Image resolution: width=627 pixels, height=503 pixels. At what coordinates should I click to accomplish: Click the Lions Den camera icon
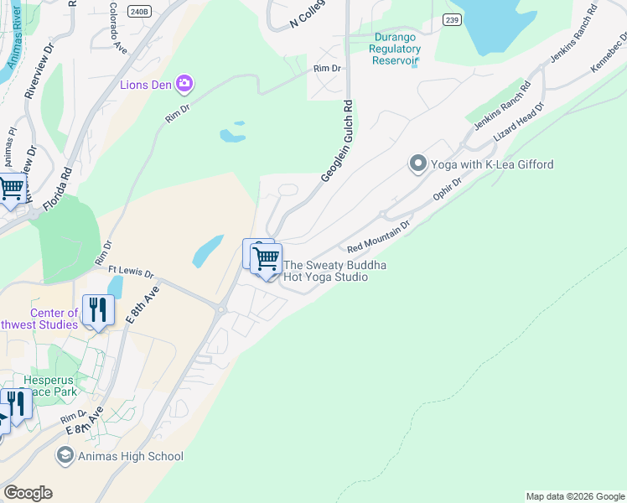pyautogui.click(x=184, y=84)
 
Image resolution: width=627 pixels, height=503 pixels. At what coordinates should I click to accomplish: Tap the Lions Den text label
pyautogui.click(x=146, y=84)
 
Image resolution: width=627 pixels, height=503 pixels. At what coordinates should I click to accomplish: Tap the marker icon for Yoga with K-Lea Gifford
pyautogui.click(x=418, y=164)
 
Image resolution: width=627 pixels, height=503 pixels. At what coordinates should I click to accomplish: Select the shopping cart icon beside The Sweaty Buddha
pyautogui.click(x=267, y=258)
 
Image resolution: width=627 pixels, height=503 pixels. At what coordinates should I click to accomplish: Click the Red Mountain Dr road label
pyautogui.click(x=379, y=237)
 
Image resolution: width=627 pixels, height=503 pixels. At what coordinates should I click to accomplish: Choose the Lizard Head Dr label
pyautogui.click(x=518, y=122)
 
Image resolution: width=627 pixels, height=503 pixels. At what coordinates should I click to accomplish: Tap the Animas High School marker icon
pyautogui.click(x=65, y=456)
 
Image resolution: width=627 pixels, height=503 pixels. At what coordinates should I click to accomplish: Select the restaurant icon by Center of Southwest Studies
pyautogui.click(x=98, y=310)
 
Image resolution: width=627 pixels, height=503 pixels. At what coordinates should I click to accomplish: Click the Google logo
pyautogui.click(x=28, y=493)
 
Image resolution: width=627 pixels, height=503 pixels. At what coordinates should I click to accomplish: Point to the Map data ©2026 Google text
pyautogui.click(x=574, y=496)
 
